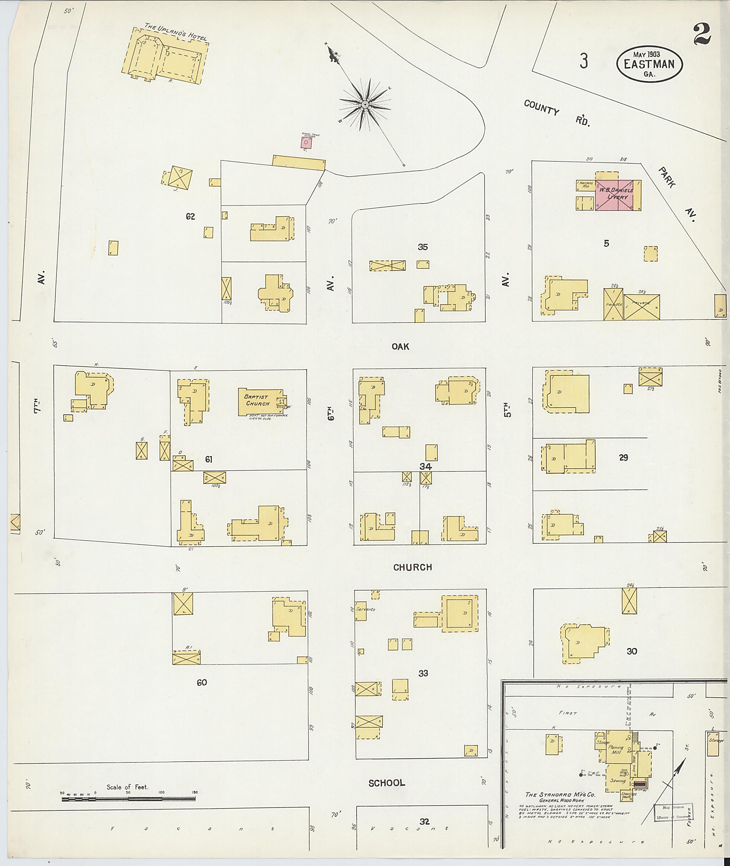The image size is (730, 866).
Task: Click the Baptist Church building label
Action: (257, 400)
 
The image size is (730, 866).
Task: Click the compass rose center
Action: (365, 105)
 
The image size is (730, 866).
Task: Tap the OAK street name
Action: (400, 347)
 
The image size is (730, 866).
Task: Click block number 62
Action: (190, 216)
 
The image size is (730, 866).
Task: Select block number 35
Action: (422, 247)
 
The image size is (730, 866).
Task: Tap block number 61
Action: (209, 459)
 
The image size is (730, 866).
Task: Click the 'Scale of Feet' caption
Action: (127, 787)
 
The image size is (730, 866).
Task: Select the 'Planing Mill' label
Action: (616, 750)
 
